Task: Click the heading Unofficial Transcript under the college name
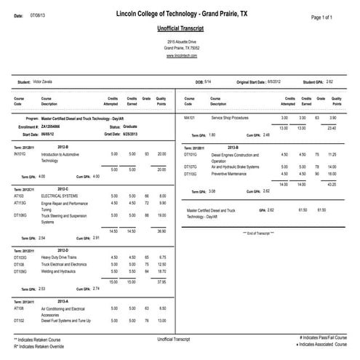[179, 29]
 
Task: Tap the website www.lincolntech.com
[179, 55]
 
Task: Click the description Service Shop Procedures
[231, 117]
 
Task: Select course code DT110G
[192, 174]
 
